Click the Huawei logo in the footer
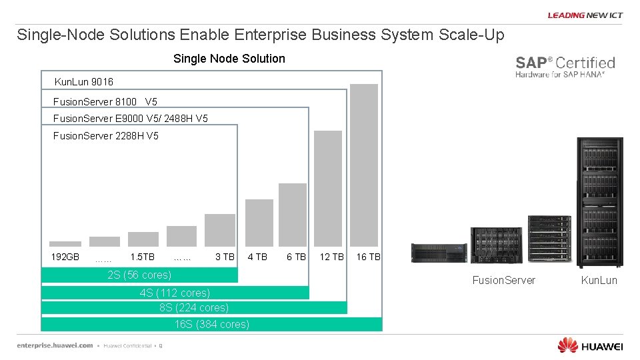(x=590, y=345)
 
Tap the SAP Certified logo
(x=565, y=67)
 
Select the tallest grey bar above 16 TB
(x=364, y=165)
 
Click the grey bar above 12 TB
(x=328, y=188)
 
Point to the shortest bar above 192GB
(x=65, y=244)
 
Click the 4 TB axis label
(x=257, y=257)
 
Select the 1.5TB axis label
(x=142, y=257)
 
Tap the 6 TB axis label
(x=296, y=257)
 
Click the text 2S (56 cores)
(x=139, y=275)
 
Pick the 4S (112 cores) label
(x=175, y=293)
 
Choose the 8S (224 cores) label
(x=194, y=307)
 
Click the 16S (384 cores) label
(x=212, y=324)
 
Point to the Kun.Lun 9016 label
(x=83, y=81)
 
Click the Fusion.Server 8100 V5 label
(x=105, y=102)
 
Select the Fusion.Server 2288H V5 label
(x=106, y=136)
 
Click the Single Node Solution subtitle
(x=229, y=59)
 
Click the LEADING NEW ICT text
(x=585, y=15)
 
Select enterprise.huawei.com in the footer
(x=55, y=345)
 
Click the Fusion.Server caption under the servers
(x=503, y=280)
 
